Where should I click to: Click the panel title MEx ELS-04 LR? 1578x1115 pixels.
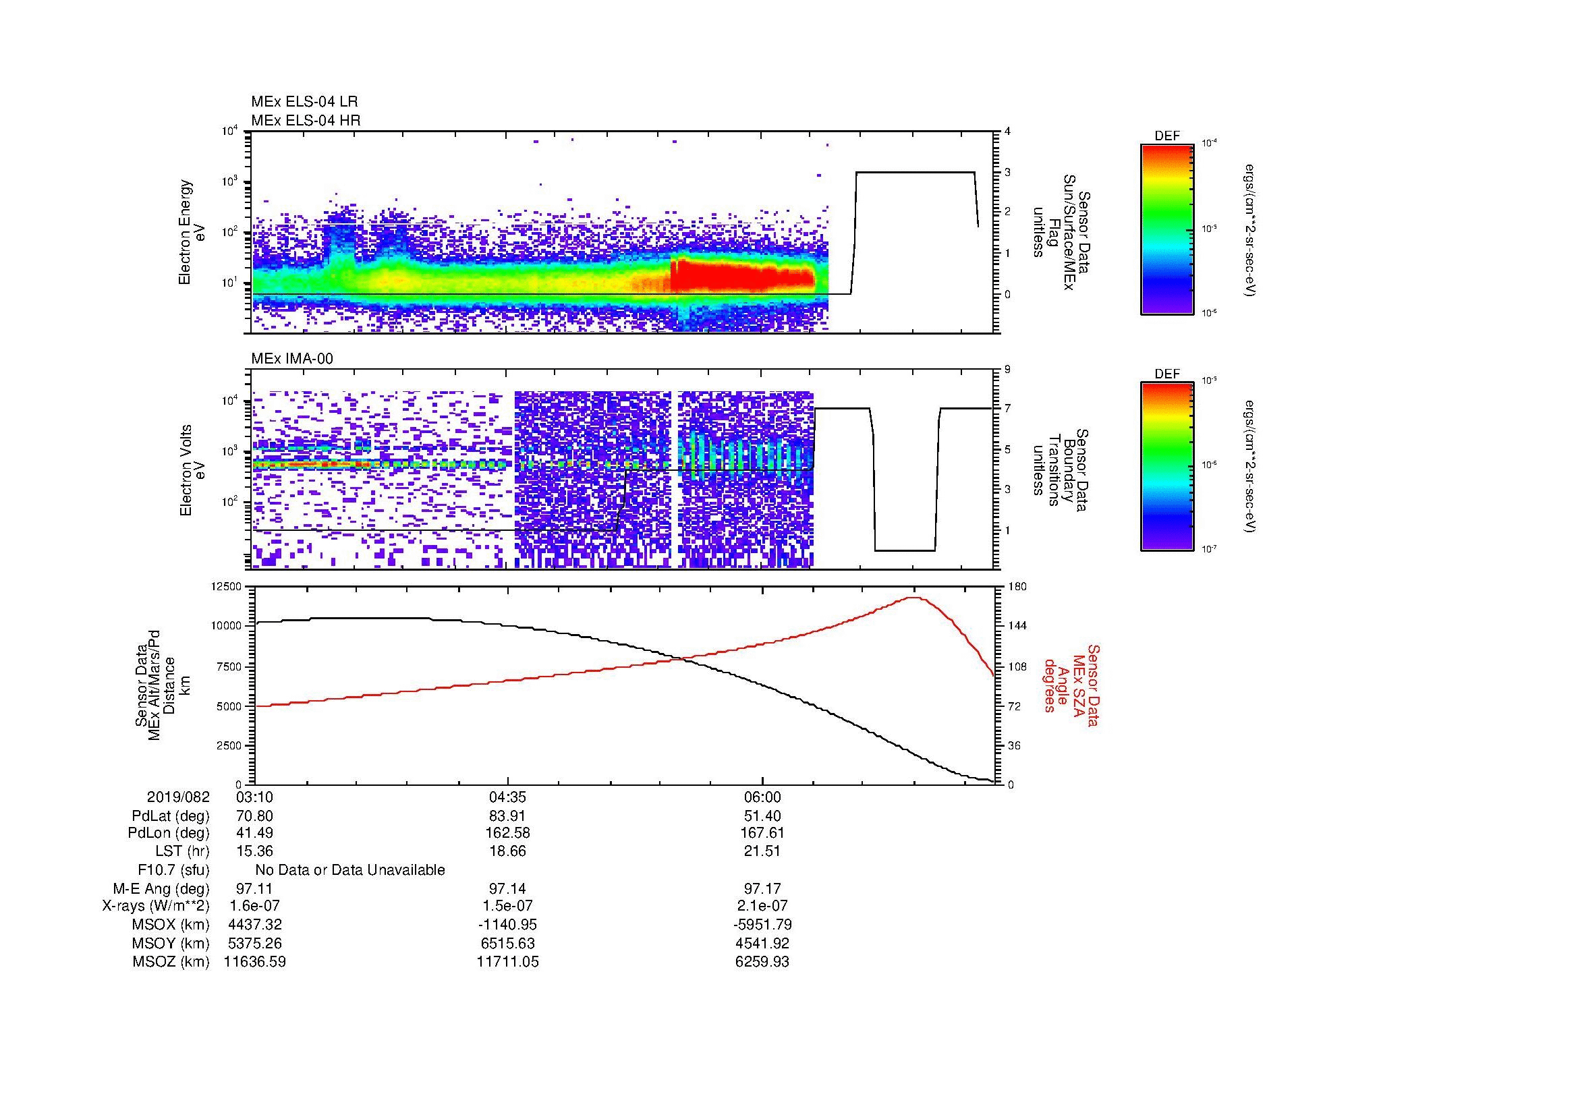click(x=304, y=102)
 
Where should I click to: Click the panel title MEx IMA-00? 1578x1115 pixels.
click(x=292, y=359)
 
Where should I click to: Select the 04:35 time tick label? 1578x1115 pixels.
click(x=507, y=797)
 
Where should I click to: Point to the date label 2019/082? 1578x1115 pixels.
click(x=178, y=797)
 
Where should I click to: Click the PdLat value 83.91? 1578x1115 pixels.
click(x=507, y=816)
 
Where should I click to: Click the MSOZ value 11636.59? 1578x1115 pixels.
click(x=254, y=962)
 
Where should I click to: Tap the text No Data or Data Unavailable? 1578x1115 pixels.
click(x=350, y=870)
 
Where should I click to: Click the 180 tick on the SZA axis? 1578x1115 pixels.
click(x=1017, y=587)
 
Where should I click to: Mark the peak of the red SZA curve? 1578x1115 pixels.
click(x=914, y=598)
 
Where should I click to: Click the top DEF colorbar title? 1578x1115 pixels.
click(x=1166, y=136)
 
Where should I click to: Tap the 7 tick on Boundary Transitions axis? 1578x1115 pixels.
click(x=1007, y=409)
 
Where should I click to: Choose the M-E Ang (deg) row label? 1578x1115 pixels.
click(x=161, y=889)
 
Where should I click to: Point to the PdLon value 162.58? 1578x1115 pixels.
click(x=507, y=833)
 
